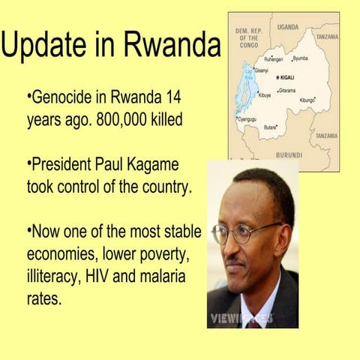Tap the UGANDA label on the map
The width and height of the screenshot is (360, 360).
(x=287, y=26)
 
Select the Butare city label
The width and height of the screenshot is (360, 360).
(x=271, y=127)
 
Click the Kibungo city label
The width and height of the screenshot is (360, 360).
(x=307, y=100)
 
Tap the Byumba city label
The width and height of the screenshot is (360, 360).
(x=299, y=58)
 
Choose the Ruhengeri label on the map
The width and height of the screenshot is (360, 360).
(x=271, y=58)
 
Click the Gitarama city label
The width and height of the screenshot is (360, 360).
(x=288, y=90)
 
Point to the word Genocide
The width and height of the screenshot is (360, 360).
(x=62, y=99)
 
